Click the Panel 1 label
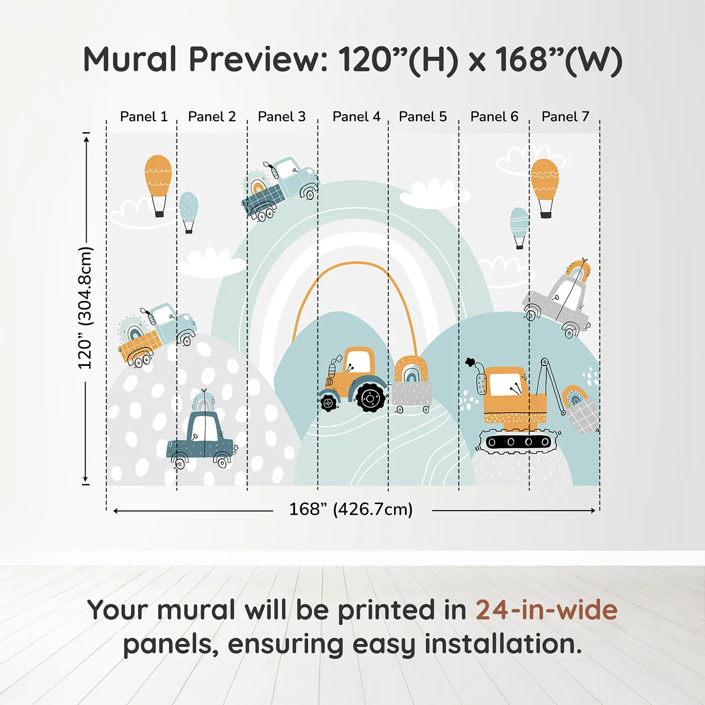(144, 117)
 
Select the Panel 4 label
(357, 117)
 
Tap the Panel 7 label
(565, 117)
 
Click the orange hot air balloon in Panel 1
(158, 185)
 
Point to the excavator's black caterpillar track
(518, 441)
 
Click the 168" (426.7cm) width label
(351, 509)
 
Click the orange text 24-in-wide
(547, 609)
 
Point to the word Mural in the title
(130, 59)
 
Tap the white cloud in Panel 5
(434, 195)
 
